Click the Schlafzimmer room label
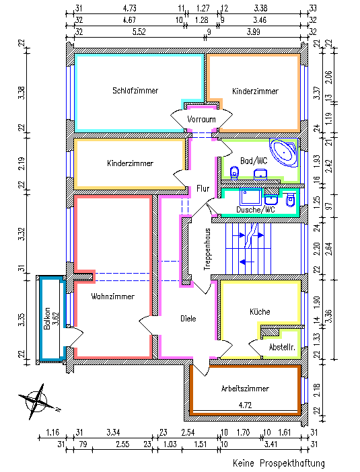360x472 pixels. pyautogui.click(x=135, y=90)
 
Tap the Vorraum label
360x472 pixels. pyautogui.click(x=201, y=119)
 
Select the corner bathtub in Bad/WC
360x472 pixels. pyautogui.click(x=284, y=153)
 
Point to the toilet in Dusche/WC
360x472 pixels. pyautogui.click(x=290, y=200)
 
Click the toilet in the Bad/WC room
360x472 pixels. pyautogui.click(x=234, y=173)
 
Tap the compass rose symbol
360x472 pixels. pyautogui.click(x=38, y=401)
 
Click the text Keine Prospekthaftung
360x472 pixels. pyautogui.click(x=279, y=463)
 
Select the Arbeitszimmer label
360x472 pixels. pyautogui.click(x=245, y=389)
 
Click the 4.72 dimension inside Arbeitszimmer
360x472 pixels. pyautogui.click(x=245, y=405)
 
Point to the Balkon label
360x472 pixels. pyautogui.click(x=46, y=319)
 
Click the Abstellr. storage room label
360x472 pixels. pyautogui.click(x=282, y=347)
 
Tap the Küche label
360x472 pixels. pyautogui.click(x=260, y=311)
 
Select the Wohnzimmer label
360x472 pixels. pyautogui.click(x=112, y=297)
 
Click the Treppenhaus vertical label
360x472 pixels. pyautogui.click(x=207, y=249)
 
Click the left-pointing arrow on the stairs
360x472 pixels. pyautogui.click(x=247, y=262)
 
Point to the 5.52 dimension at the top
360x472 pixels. pyautogui.click(x=139, y=32)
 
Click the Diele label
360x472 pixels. pyautogui.click(x=188, y=319)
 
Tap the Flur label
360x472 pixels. pyautogui.click(x=203, y=188)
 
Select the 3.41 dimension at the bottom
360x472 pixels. pyautogui.click(x=271, y=444)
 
